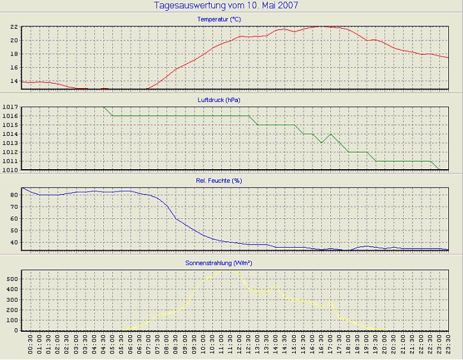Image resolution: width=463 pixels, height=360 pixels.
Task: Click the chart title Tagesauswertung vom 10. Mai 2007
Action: click(226, 6)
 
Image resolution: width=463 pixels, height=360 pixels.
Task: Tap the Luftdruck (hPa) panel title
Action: click(219, 100)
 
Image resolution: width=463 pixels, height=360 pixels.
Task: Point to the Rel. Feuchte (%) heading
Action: click(219, 181)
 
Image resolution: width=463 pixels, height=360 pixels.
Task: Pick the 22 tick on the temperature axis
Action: click(13, 27)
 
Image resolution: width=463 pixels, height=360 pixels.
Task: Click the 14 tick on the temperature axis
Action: click(13, 82)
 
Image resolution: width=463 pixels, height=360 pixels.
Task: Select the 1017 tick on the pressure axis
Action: click(11, 107)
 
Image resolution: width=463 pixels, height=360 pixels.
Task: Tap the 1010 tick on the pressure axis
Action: click(11, 170)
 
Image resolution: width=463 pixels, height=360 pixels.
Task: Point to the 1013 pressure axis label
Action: click(11, 144)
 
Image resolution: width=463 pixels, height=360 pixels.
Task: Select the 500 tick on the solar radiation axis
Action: click(12, 279)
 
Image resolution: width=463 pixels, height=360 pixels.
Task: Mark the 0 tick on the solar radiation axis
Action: click(16, 330)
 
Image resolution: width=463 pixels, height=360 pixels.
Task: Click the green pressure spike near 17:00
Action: click(330, 134)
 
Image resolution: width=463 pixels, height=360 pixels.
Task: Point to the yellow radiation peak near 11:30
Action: click(229, 271)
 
